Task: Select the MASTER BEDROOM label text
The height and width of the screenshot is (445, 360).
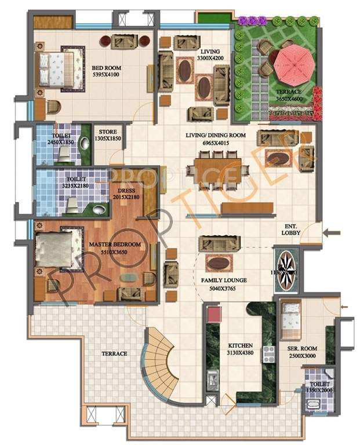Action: coord(115,249)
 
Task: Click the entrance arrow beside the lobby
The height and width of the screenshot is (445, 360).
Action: coord(330,233)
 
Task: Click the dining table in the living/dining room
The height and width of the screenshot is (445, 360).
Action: coord(217,170)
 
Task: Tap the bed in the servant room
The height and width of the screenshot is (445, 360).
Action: coord(290,322)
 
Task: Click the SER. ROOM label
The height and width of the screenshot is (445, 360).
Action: coord(302,352)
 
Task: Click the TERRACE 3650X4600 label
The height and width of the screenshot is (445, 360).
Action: coord(288,96)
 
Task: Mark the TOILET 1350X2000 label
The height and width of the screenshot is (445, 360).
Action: coord(319,387)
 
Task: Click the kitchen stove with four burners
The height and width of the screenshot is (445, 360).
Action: coord(268,353)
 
